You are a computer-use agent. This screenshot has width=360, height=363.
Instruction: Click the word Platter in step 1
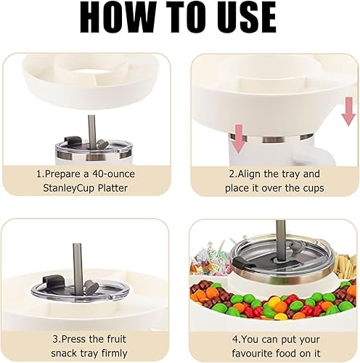pyautogui.click(x=112, y=188)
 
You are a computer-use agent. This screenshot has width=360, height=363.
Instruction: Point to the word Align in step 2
pyautogui.click(x=249, y=174)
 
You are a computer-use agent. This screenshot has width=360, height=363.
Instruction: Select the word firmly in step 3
pyautogui.click(x=114, y=354)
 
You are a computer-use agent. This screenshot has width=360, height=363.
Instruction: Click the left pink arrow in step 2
pyautogui.click(x=239, y=139)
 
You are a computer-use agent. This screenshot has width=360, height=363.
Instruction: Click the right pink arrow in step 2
pyautogui.click(x=348, y=112)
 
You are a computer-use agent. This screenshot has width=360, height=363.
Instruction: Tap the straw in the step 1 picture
pyautogui.click(x=91, y=131)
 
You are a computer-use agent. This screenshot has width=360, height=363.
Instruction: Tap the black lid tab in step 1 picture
pyautogui.click(x=70, y=142)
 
